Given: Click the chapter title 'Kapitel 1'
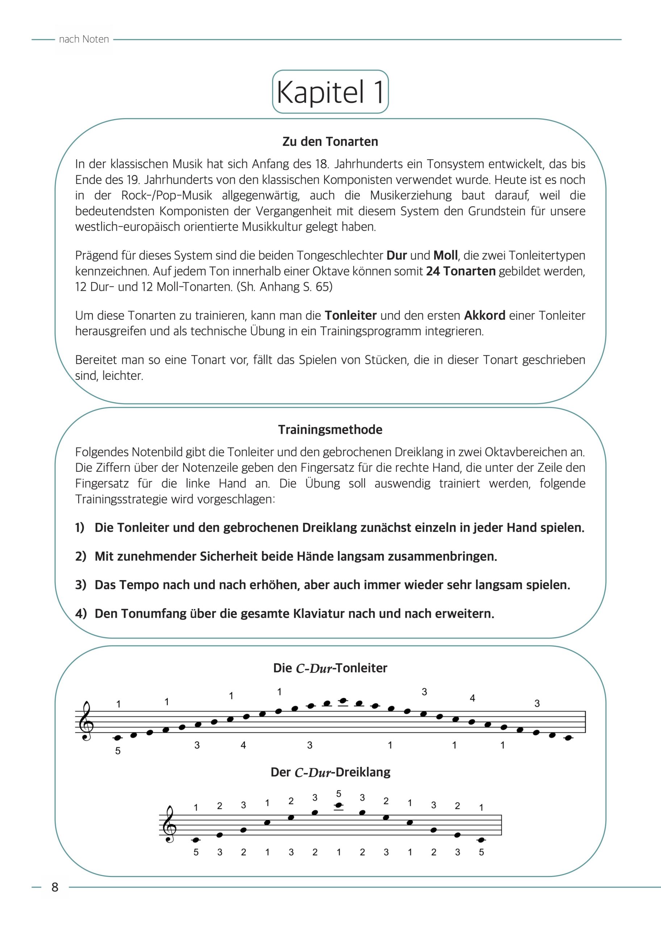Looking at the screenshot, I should pyautogui.click(x=330, y=92).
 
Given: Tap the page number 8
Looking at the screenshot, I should pyautogui.click(x=55, y=887).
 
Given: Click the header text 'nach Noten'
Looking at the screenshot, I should pyautogui.click(x=84, y=39).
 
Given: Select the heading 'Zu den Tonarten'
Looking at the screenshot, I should pyautogui.click(x=330, y=142).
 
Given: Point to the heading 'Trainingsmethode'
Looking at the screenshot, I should pyautogui.click(x=330, y=430).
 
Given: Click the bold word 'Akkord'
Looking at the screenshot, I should pyautogui.click(x=485, y=315).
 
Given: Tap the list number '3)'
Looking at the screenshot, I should pyautogui.click(x=81, y=585).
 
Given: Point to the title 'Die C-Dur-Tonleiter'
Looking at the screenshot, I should pyautogui.click(x=330, y=668).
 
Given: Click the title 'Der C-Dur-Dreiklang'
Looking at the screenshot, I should pyautogui.click(x=330, y=772).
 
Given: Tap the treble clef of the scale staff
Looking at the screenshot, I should pyautogui.click(x=87, y=721).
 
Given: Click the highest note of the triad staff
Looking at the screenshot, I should pyautogui.click(x=339, y=805).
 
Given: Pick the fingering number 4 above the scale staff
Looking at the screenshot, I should pyautogui.click(x=473, y=698).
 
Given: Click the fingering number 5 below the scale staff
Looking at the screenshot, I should pyautogui.click(x=118, y=751).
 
